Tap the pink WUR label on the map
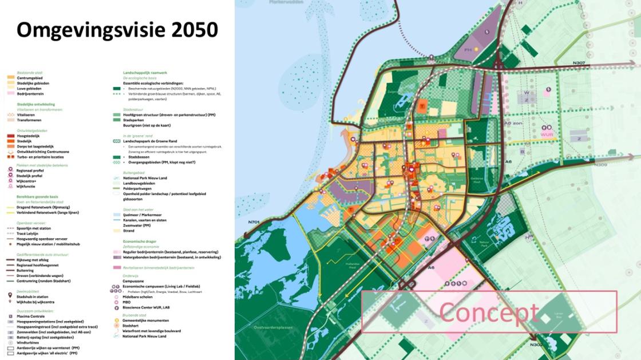tap(549, 136)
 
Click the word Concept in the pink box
tap(489, 312)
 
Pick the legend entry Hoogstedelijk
tap(29, 136)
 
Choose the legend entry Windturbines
tap(29, 343)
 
